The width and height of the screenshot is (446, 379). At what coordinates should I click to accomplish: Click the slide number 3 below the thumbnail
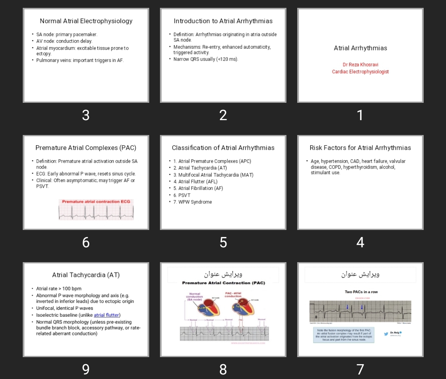click(86, 115)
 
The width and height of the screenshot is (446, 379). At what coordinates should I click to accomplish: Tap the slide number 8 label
click(223, 369)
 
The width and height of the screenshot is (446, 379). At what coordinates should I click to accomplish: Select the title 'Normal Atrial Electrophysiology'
click(86, 21)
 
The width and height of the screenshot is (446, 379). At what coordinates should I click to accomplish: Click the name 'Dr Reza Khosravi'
click(360, 65)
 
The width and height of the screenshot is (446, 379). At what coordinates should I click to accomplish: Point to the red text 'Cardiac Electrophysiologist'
click(360, 72)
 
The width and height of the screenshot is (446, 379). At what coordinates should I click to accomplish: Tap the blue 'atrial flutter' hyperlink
click(106, 315)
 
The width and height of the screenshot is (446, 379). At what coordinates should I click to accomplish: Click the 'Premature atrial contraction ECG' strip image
click(96, 210)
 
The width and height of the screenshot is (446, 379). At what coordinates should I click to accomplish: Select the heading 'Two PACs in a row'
click(361, 292)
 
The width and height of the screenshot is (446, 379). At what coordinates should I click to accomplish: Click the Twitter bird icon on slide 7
click(386, 334)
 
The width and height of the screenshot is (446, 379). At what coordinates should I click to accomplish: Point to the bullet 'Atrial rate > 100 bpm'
click(59, 289)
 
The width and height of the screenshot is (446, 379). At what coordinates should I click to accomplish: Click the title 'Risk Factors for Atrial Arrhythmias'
click(360, 148)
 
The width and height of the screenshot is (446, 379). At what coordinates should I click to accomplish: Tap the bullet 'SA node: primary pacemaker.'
click(67, 35)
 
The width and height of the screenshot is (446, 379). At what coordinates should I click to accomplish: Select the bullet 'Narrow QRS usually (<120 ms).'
click(205, 59)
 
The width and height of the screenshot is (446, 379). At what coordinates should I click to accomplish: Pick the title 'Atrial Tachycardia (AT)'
click(86, 275)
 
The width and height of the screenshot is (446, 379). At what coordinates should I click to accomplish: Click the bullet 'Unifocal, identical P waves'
click(64, 308)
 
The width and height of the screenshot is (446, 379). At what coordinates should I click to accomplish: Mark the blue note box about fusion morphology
click(344, 335)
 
